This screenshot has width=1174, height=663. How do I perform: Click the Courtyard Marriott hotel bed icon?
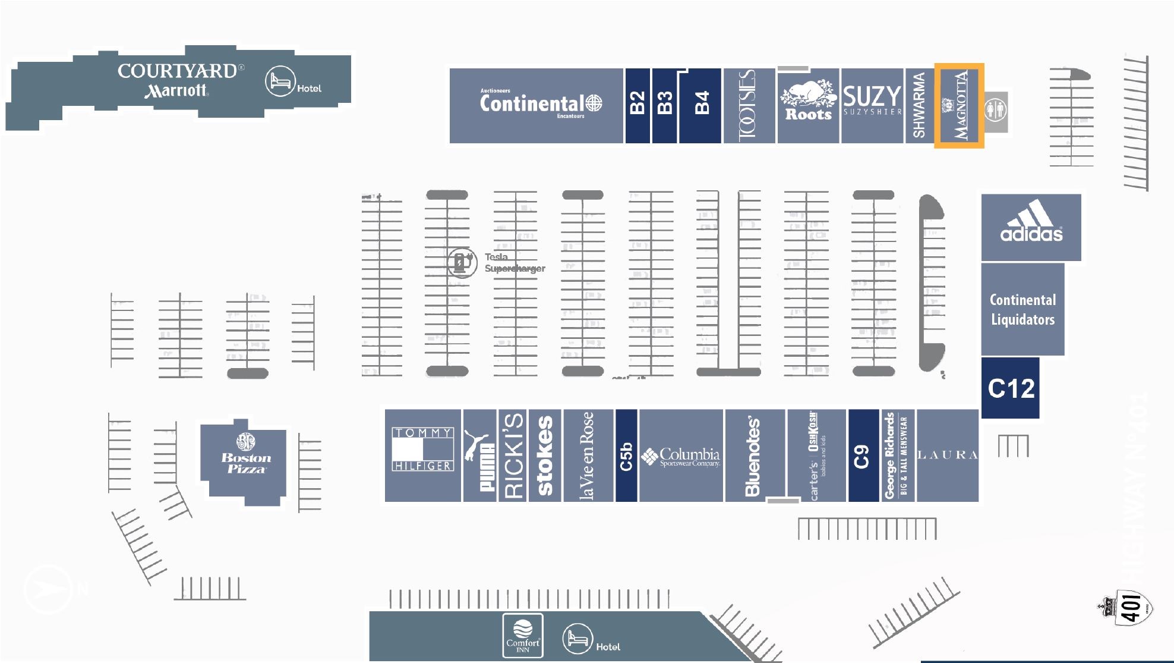pyautogui.click(x=280, y=81)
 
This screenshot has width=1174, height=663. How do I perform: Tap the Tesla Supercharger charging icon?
pyautogui.click(x=462, y=262)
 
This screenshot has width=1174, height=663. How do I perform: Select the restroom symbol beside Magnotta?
pyautogui.click(x=996, y=111)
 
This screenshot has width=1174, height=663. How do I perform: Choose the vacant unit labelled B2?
pyautogui.click(x=637, y=105)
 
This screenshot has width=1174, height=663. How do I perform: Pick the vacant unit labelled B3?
pyautogui.click(x=665, y=105)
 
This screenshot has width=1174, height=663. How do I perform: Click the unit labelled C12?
pyautogui.click(x=1011, y=388)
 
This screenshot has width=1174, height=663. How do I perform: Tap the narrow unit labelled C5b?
pyautogui.click(x=626, y=455)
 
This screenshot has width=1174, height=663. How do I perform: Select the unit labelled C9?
pyautogui.click(x=863, y=455)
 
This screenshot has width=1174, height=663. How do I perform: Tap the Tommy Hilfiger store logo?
pyautogui.click(x=422, y=449)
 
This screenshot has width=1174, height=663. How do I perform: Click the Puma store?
pyautogui.click(x=479, y=455)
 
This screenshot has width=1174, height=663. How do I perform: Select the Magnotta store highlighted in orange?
pyautogui.click(x=959, y=105)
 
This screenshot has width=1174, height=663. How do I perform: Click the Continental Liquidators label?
pyautogui.click(x=1022, y=310)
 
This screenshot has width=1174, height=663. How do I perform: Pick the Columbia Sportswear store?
pyautogui.click(x=682, y=456)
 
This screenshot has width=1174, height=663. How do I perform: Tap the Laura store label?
pyautogui.click(x=947, y=455)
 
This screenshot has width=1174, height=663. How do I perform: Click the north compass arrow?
pyautogui.click(x=47, y=589)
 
